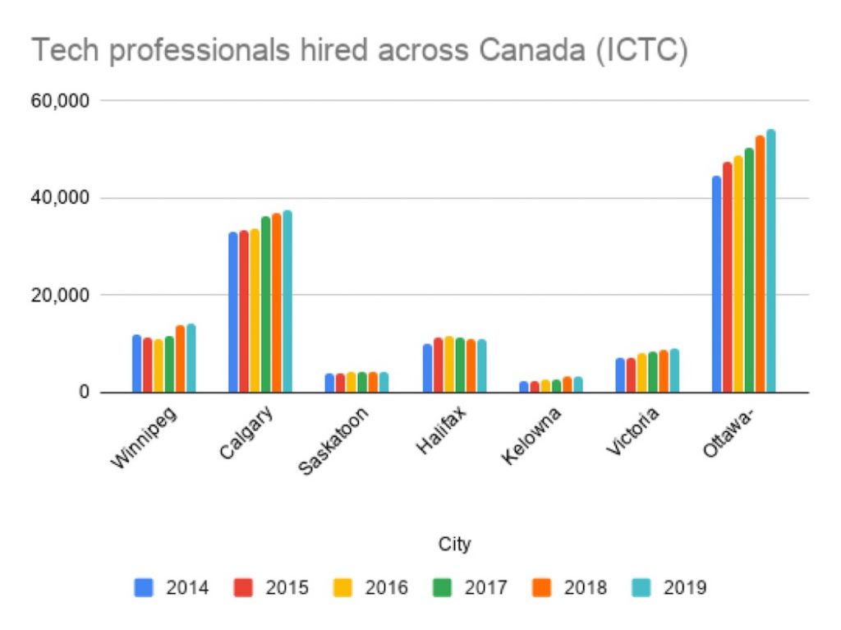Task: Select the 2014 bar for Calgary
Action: pos(233,312)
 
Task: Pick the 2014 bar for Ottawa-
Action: pos(717,284)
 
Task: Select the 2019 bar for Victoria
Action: pos(674,370)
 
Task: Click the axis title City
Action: pos(454,544)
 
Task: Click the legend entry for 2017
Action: pos(475,587)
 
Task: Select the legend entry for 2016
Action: pos(375,587)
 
